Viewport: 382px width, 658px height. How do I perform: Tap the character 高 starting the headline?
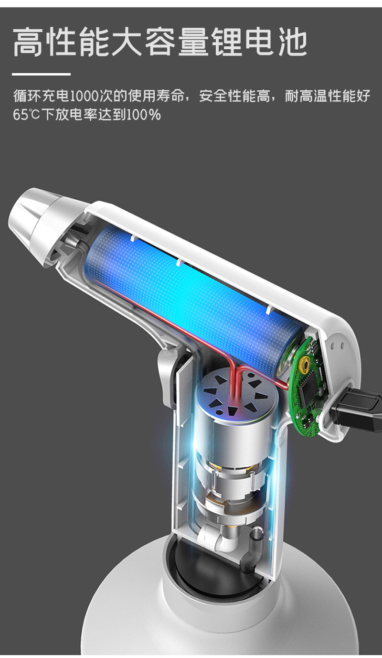pyautogui.click(x=28, y=42)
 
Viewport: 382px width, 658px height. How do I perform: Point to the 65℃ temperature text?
pyautogui.click(x=26, y=114)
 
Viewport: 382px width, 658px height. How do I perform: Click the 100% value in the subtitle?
pyautogui.click(x=143, y=114)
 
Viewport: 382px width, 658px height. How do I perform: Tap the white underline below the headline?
pyautogui.click(x=42, y=75)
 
